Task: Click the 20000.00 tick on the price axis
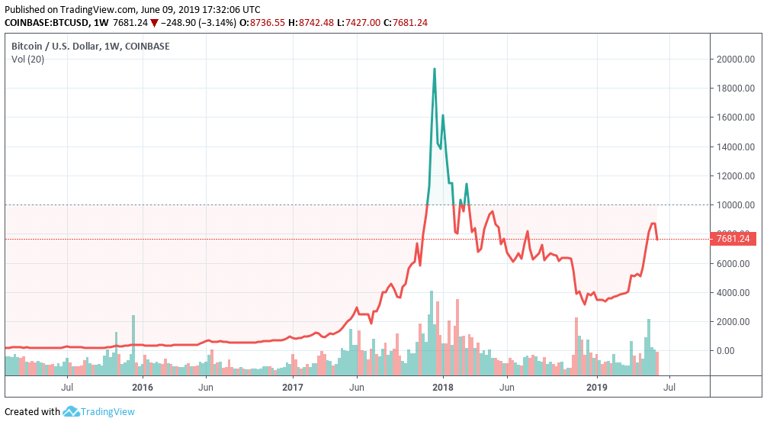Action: pyautogui.click(x=734, y=60)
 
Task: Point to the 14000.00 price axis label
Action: pyautogui.click(x=734, y=147)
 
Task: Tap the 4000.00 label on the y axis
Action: pyautogui.click(x=734, y=293)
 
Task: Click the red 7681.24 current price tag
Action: pyautogui.click(x=733, y=239)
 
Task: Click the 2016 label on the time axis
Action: pyautogui.click(x=142, y=388)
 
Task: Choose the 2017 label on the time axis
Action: pyautogui.click(x=293, y=388)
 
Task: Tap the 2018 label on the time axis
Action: pyautogui.click(x=444, y=388)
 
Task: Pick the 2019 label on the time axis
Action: pyautogui.click(x=597, y=388)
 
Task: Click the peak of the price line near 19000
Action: pyautogui.click(x=435, y=69)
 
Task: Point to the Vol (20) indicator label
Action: pyautogui.click(x=27, y=60)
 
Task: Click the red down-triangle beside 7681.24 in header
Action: pyautogui.click(x=154, y=23)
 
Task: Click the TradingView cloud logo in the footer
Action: pyautogui.click(x=71, y=412)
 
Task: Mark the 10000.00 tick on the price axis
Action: pyautogui.click(x=734, y=205)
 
